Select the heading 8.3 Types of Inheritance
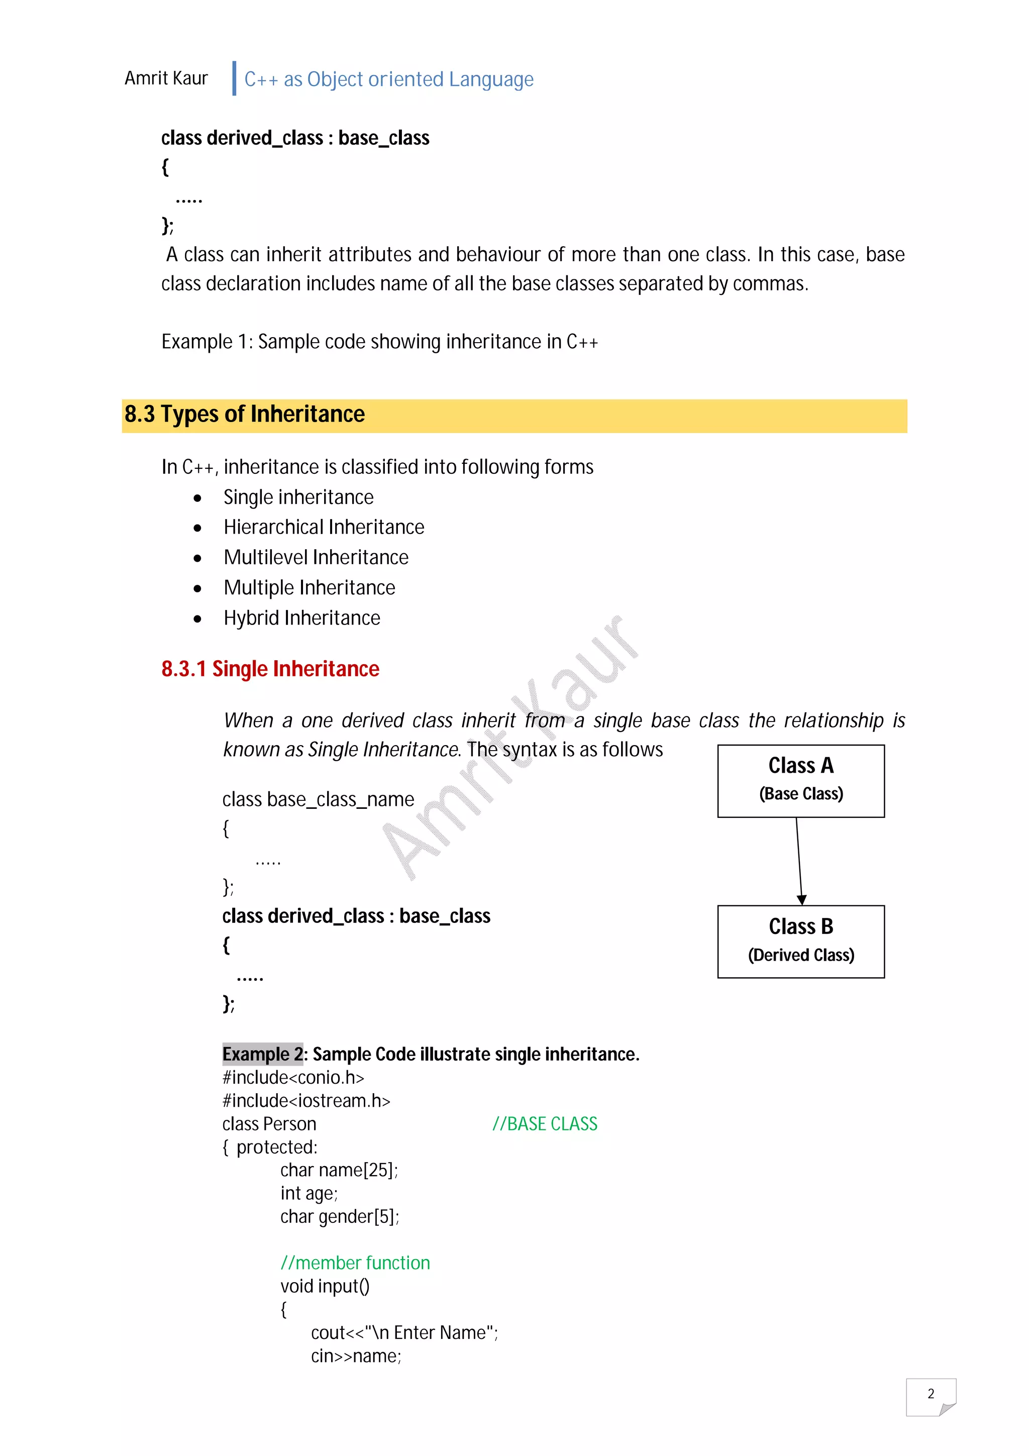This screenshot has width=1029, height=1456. (244, 414)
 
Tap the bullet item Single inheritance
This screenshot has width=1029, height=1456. (298, 497)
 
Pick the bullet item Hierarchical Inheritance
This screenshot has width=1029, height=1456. (324, 527)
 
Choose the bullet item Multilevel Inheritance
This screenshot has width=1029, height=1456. (316, 557)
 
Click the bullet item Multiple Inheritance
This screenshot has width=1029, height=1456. (309, 588)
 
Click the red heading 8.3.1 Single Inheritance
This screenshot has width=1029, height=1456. (270, 669)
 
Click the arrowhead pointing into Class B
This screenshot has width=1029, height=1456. (801, 899)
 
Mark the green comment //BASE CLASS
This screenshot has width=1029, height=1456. (545, 1124)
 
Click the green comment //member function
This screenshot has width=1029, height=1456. (355, 1263)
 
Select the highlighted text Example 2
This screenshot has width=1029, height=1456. (262, 1054)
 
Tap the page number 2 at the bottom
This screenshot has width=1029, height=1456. (930, 1393)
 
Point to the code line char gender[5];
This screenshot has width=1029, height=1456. (339, 1216)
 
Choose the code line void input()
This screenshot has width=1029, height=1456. (325, 1286)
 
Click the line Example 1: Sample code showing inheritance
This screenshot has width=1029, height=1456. (379, 342)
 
